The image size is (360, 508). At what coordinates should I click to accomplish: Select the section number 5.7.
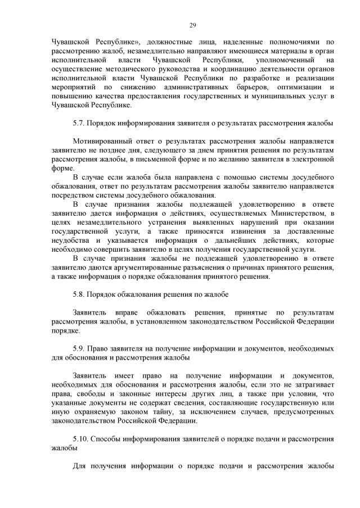80,123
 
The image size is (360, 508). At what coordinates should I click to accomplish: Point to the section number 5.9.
80,349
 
